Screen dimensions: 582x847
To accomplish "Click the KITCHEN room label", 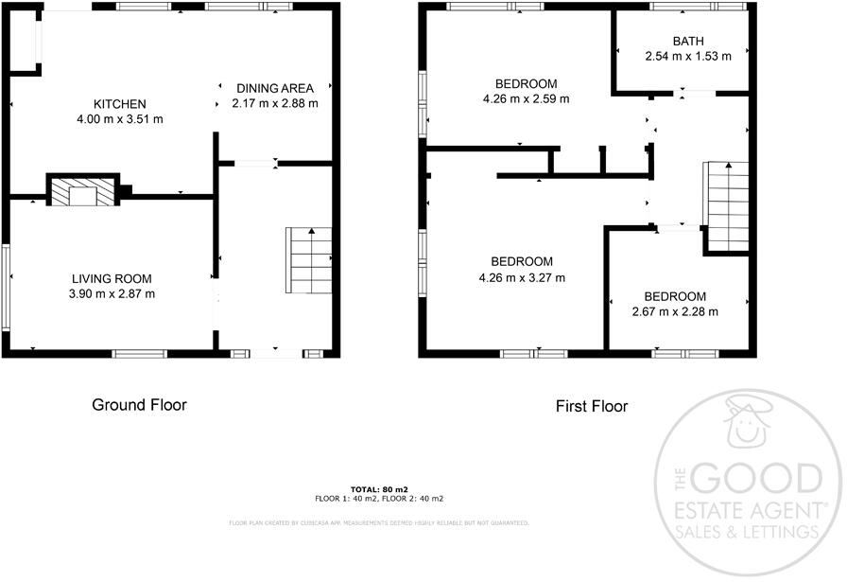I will click(x=119, y=104).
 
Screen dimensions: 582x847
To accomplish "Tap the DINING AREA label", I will click(x=275, y=89).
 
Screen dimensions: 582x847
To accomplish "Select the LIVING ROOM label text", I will click(x=112, y=278).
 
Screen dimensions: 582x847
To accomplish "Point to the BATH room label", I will click(x=688, y=41).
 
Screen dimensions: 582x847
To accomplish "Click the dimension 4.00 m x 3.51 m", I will click(x=119, y=119).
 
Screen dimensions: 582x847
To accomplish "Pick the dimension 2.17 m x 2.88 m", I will click(x=275, y=103).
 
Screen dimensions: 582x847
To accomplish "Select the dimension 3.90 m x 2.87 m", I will click(x=112, y=293).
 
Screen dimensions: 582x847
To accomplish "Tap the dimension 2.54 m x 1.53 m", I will click(x=688, y=56).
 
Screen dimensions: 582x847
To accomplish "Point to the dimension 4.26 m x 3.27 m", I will click(x=522, y=277).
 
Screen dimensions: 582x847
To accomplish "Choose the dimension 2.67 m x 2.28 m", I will click(x=675, y=311).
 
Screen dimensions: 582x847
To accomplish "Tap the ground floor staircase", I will click(x=310, y=260).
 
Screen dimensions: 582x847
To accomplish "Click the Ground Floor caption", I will click(x=139, y=405).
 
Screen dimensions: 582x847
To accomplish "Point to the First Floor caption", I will click(x=591, y=407).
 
